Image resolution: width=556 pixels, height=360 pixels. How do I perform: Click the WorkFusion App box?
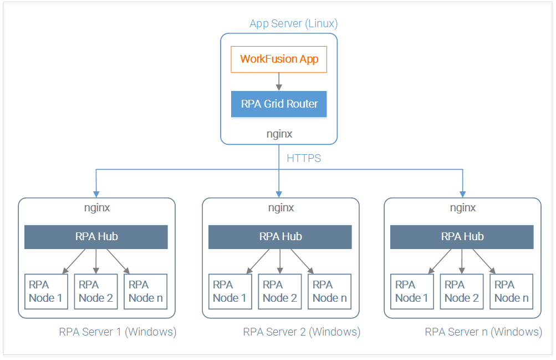[279, 59]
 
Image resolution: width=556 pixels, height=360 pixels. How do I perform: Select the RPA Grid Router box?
[279, 104]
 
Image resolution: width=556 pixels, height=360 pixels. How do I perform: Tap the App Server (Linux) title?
[293, 23]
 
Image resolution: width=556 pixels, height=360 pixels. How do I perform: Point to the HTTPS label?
[304, 158]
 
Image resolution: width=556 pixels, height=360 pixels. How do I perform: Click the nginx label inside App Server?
[279, 134]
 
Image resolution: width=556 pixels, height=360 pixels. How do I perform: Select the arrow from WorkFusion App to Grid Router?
[279, 82]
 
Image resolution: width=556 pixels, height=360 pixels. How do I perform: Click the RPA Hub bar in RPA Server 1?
[96, 237]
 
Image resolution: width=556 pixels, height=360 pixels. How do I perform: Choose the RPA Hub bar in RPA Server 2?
[280, 237]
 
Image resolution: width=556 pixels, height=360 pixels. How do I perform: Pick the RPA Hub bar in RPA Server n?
[462, 237]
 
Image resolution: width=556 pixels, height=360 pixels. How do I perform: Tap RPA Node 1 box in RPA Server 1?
[46, 292]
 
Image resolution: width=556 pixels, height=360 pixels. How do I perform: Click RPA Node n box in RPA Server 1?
[145, 292]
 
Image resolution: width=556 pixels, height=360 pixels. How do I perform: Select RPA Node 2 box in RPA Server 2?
[280, 292]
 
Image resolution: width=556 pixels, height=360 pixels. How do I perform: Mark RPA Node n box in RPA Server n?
[511, 292]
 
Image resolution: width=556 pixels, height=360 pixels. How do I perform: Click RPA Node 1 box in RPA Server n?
[412, 292]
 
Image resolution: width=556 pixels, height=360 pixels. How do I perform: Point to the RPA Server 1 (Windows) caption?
[118, 332]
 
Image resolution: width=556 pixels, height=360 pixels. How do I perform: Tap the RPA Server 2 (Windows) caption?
[302, 332]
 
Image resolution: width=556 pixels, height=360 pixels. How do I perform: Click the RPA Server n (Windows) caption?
[484, 332]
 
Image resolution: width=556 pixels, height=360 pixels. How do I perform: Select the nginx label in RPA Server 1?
[97, 208]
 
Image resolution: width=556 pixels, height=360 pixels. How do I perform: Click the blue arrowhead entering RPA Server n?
[463, 194]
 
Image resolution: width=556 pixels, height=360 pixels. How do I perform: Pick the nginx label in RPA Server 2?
[281, 208]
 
